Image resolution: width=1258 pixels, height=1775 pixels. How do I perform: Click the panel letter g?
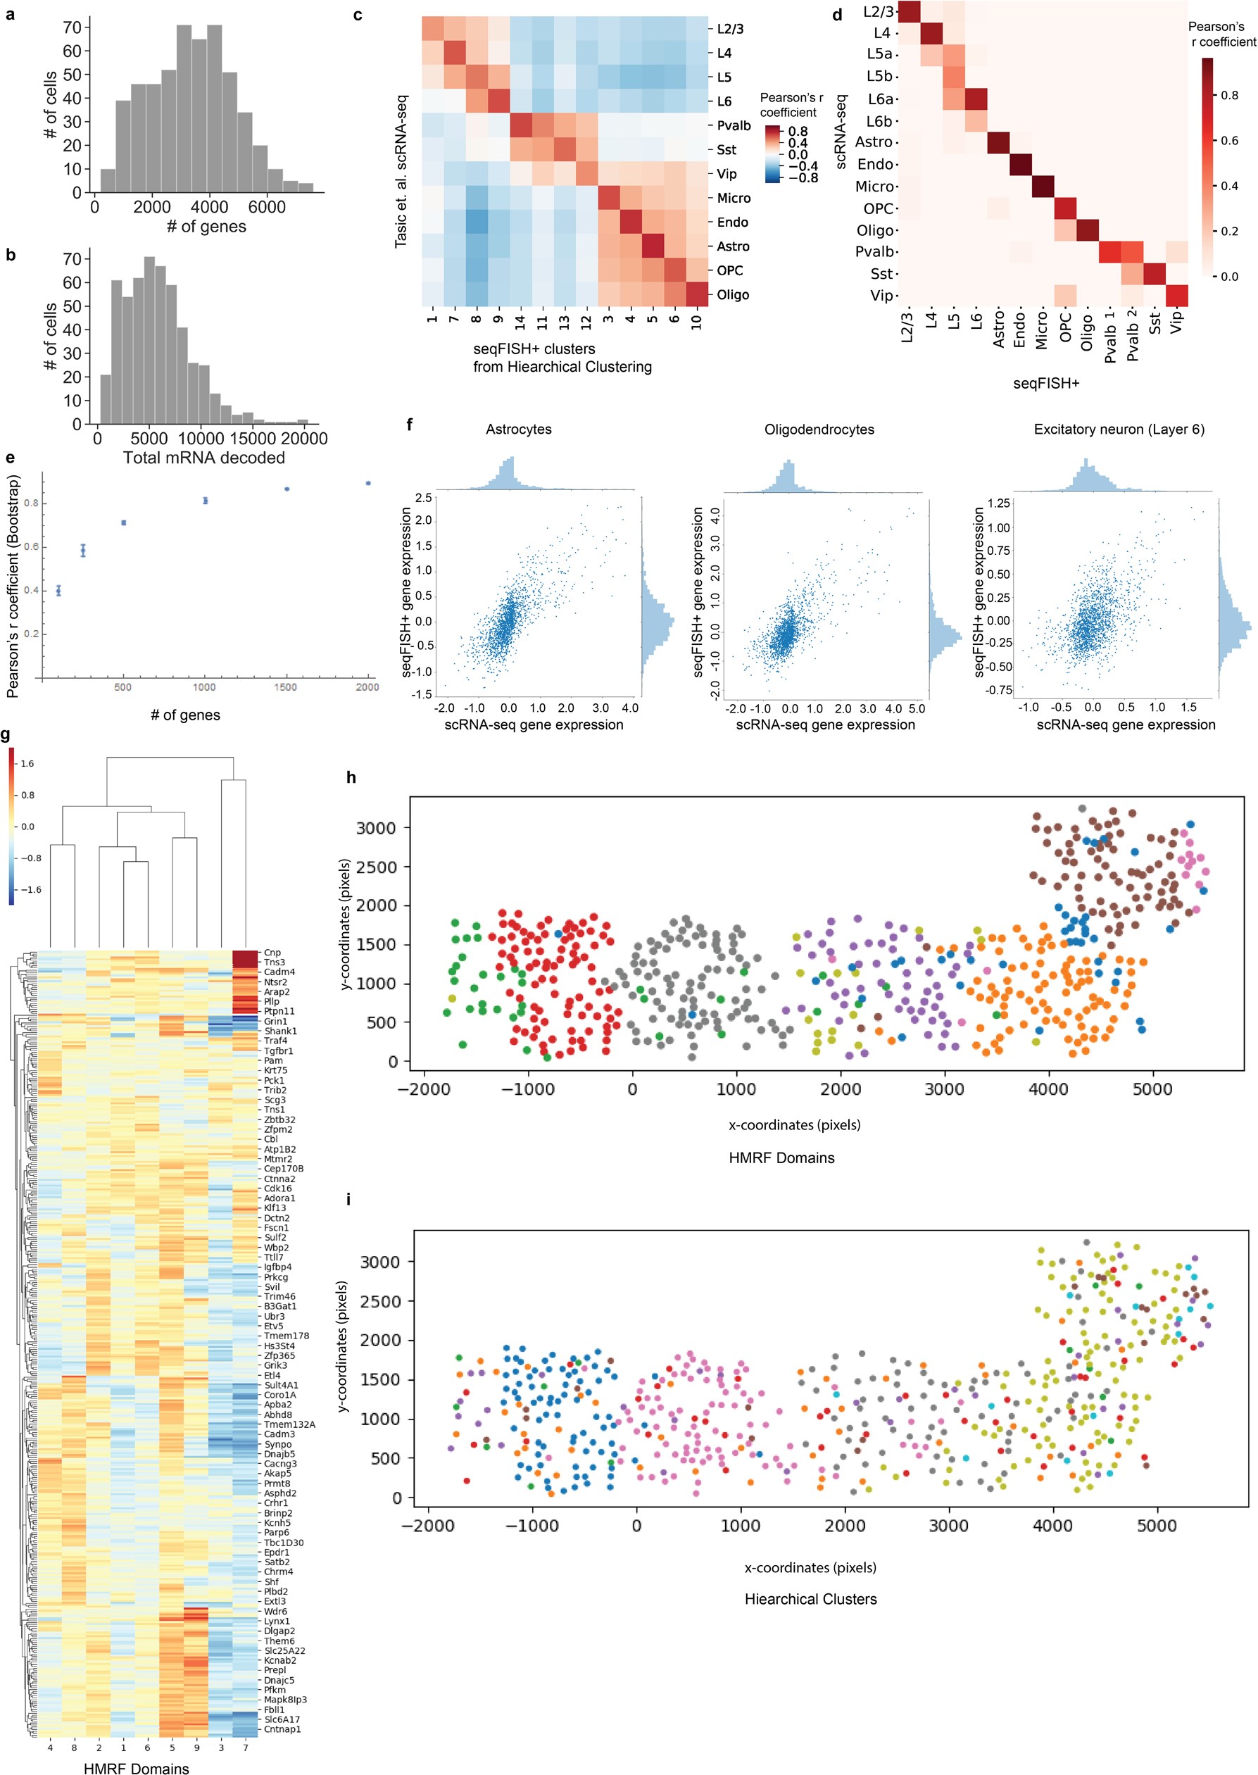6,734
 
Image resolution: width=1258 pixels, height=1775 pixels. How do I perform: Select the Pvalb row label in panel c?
733,125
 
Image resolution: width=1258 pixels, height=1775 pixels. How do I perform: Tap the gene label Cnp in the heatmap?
272,952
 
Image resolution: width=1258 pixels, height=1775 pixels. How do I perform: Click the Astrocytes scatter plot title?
518,429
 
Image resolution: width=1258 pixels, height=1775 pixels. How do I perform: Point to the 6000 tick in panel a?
267,207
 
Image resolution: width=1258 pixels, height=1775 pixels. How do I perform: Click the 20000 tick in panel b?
303,439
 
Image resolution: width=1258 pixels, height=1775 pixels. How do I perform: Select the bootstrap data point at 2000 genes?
368,483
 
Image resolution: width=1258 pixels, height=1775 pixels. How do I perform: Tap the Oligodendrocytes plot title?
819,429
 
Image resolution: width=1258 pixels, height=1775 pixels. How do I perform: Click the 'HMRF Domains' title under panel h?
781,1158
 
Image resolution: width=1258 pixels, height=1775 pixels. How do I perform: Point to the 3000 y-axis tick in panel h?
376,827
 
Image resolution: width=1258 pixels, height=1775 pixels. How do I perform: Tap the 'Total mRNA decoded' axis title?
203,458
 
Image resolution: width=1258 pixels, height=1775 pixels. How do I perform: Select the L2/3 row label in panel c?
730,29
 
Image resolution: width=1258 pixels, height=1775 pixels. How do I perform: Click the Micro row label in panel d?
874,186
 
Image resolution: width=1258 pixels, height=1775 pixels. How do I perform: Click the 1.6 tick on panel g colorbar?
27,763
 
